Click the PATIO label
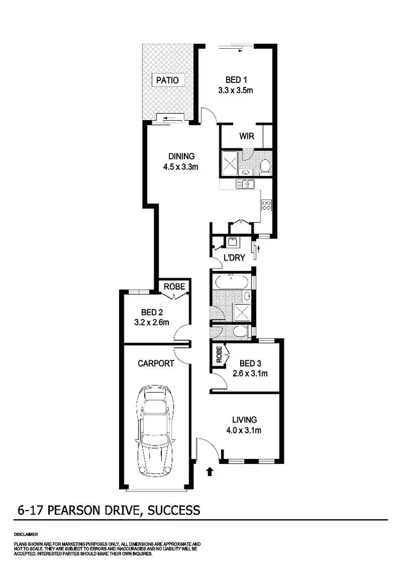167,80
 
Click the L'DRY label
234,258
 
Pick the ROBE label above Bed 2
174,287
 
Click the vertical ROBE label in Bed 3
219,354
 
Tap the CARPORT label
156,363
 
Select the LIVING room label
244,419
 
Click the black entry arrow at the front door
210,471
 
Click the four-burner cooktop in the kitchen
266,204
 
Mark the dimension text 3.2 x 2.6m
152,322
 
